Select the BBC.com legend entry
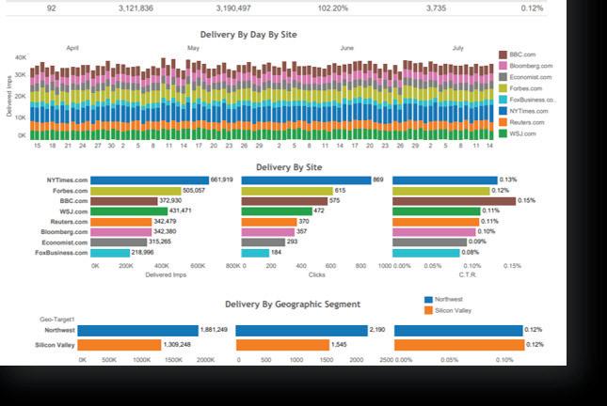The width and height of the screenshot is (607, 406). click(522, 55)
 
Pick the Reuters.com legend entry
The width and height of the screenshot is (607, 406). click(525, 122)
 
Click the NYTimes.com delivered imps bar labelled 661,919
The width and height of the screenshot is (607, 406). click(150, 180)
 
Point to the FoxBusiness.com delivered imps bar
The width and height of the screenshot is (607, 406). click(111, 253)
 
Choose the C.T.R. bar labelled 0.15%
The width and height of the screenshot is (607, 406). click(454, 201)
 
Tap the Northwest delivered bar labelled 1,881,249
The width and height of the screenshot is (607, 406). click(137, 330)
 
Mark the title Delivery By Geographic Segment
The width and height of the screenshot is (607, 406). click(293, 304)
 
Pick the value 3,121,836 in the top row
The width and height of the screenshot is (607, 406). click(136, 8)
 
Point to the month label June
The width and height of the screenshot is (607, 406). click(346, 47)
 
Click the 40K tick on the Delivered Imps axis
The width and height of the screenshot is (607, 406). click(21, 57)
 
